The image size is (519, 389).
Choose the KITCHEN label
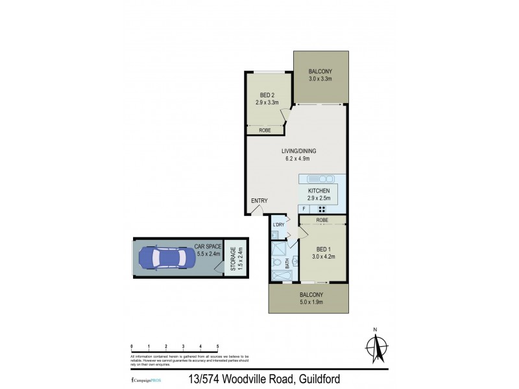coord(319,191)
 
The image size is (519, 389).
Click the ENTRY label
coord(259,200)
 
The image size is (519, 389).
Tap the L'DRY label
coord(279,225)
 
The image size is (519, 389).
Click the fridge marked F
coord(304,209)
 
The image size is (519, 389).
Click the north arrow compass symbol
coord(375,349)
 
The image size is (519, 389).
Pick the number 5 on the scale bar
coord(218,346)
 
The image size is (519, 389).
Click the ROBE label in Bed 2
coord(265,130)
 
